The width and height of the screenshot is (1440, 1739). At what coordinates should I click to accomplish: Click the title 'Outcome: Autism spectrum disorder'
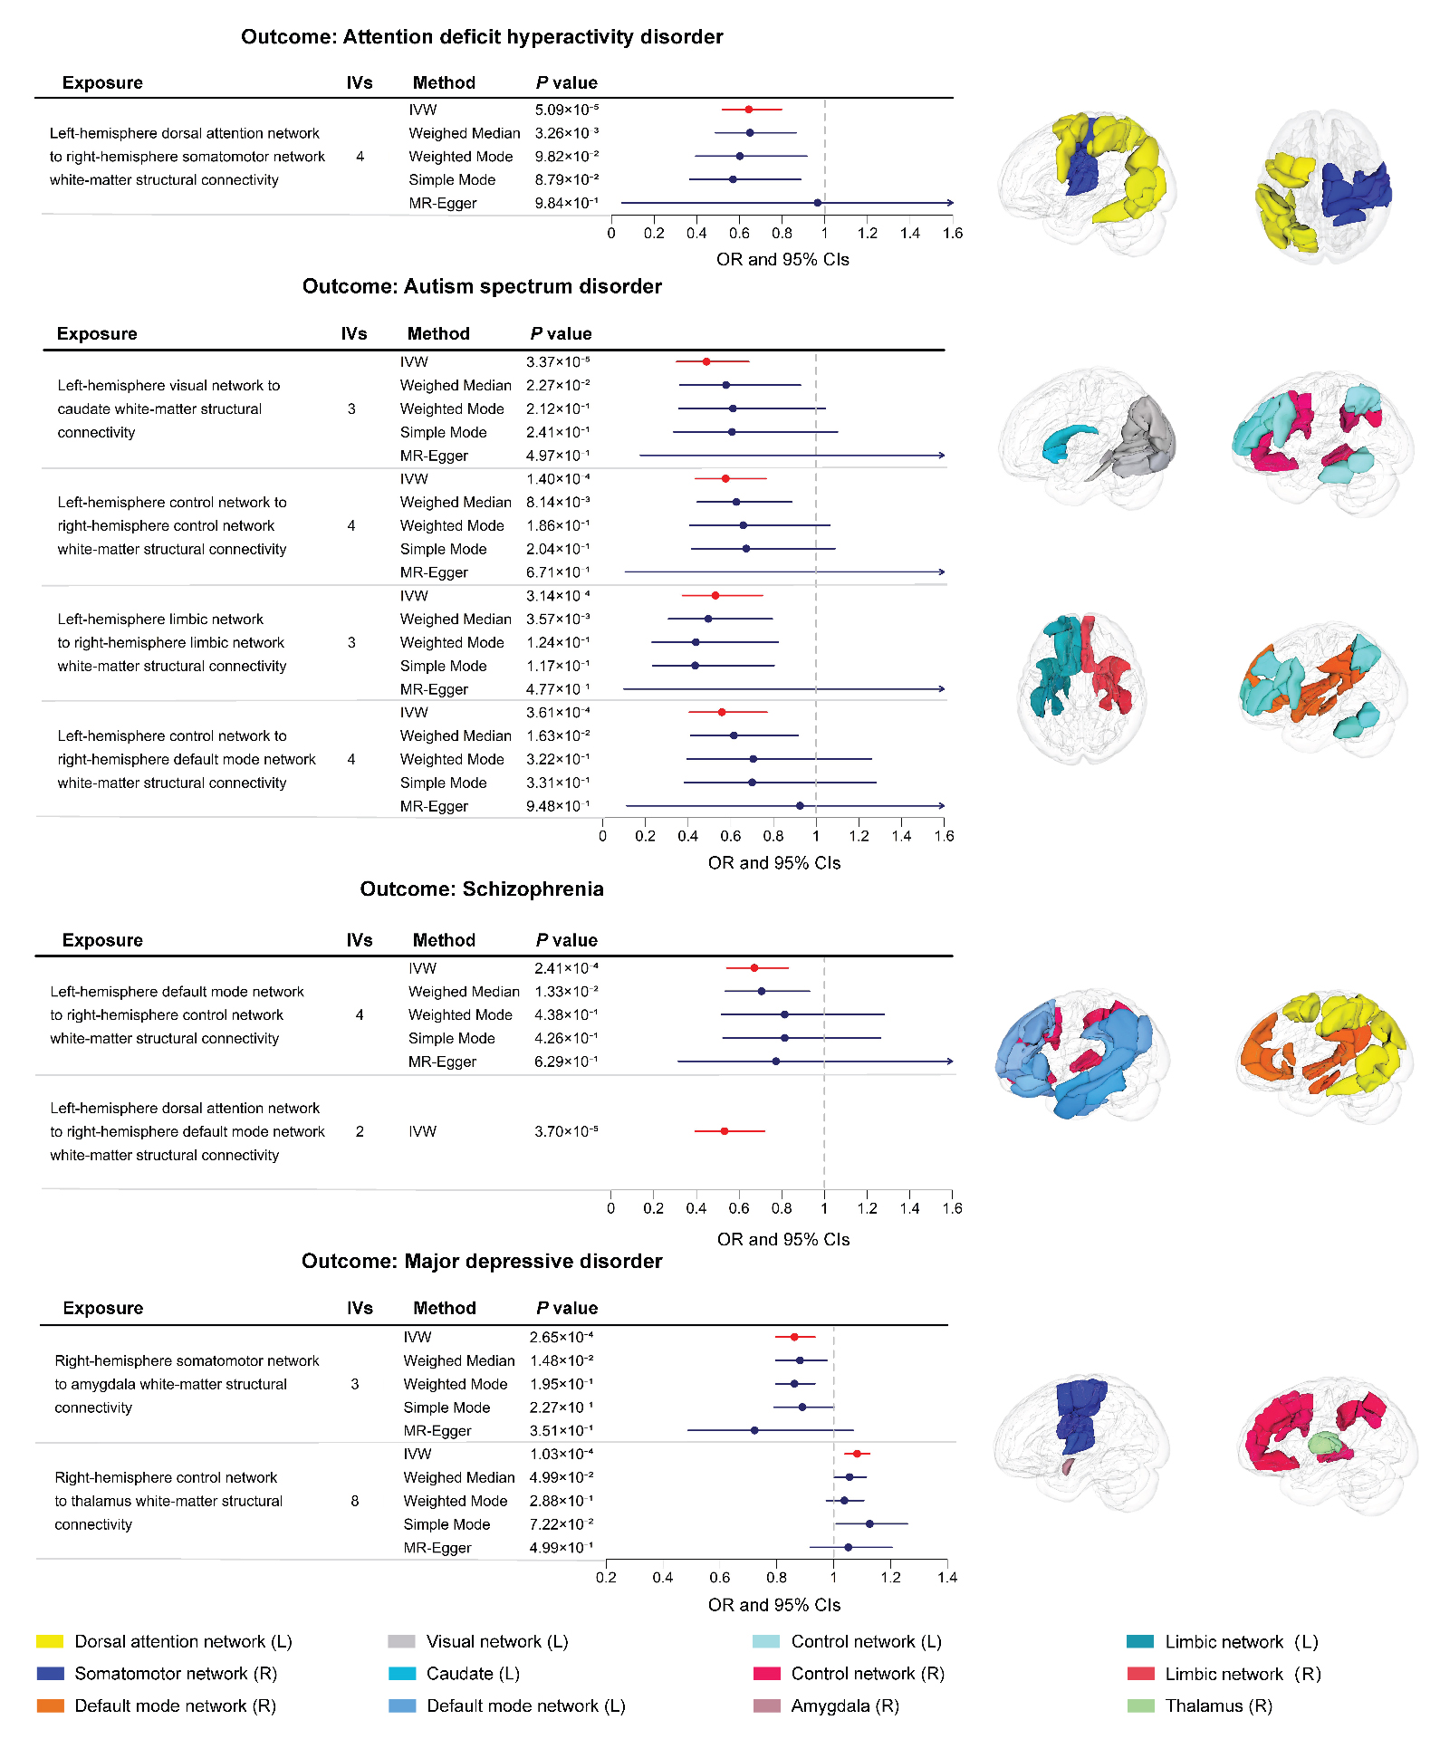[x=482, y=287]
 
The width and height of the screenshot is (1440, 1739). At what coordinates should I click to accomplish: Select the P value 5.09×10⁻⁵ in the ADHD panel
[x=566, y=110]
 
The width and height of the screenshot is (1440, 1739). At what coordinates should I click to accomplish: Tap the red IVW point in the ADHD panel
[x=748, y=110]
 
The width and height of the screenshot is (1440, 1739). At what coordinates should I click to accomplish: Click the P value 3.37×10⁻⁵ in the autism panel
[x=558, y=361]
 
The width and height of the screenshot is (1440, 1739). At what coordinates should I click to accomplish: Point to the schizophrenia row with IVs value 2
[x=360, y=1131]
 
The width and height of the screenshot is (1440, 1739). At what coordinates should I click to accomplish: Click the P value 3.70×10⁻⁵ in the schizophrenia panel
[x=566, y=1131]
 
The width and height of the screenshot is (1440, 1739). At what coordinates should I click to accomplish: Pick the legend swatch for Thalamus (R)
[x=1140, y=1706]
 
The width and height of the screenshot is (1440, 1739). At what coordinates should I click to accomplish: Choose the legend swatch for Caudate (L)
[x=402, y=1674]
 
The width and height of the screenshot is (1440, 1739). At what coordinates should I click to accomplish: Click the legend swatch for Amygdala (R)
[x=766, y=1706]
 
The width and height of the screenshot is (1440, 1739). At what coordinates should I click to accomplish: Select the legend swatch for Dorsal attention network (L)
[x=50, y=1641]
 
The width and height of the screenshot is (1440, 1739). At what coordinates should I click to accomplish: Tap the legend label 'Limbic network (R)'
[x=1243, y=1674]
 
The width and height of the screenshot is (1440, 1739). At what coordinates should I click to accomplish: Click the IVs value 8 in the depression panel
[x=355, y=1501]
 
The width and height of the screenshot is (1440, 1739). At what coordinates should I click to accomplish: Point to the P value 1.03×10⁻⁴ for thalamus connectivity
[x=562, y=1454]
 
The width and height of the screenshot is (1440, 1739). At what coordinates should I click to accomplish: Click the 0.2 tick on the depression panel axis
[x=606, y=1578]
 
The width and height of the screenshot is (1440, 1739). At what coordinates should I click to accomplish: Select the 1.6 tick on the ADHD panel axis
[x=953, y=234]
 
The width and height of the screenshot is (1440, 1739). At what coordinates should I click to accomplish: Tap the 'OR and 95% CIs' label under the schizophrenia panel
[x=783, y=1239]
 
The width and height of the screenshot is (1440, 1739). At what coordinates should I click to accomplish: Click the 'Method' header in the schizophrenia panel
[x=444, y=940]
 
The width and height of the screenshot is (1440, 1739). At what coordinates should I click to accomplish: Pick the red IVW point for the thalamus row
[x=857, y=1454]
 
